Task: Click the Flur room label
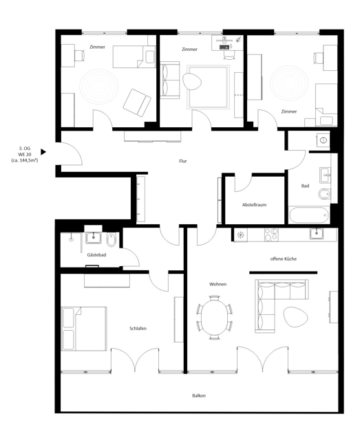pos(183,161)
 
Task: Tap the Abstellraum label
pos(254,205)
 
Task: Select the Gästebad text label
pos(96,255)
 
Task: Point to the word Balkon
pos(199,395)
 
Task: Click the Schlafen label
pos(138,329)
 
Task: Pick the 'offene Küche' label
pos(284,259)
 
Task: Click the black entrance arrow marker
pos(43,152)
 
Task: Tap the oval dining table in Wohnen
pos(214,318)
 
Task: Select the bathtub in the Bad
pos(309,215)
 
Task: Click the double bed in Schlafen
pos(84,329)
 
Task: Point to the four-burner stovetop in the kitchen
pos(271,235)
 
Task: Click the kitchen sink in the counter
pos(317,234)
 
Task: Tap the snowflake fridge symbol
pos(241,235)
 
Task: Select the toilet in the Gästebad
pos(112,240)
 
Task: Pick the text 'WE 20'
pos(25,154)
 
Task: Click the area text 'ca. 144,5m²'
pos(25,160)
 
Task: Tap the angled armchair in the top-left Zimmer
pos(137,102)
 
